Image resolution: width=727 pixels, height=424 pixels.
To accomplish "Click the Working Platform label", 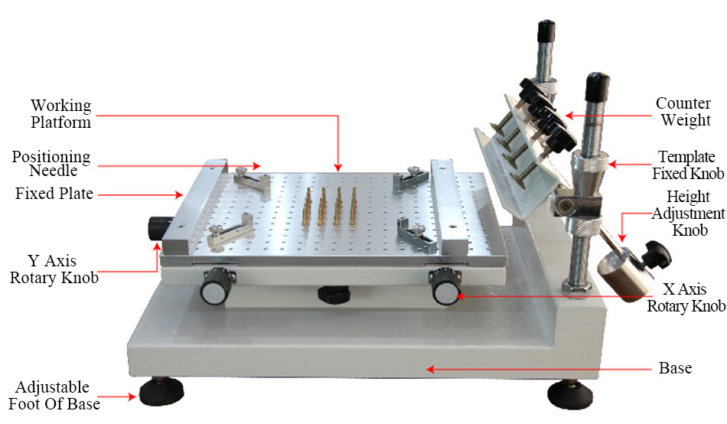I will [x=60, y=113].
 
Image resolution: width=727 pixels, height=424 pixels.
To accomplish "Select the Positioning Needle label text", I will [x=51, y=164].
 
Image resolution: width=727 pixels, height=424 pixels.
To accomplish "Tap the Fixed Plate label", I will [x=54, y=194].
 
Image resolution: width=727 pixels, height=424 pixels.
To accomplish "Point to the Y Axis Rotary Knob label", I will [x=54, y=269].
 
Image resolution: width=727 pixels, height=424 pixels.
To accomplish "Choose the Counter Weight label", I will [x=684, y=112].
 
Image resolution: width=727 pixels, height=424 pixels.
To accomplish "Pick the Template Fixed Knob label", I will [x=683, y=164].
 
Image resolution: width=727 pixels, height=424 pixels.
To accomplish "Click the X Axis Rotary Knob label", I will [x=686, y=298].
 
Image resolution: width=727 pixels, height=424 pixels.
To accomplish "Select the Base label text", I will [x=675, y=369].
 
